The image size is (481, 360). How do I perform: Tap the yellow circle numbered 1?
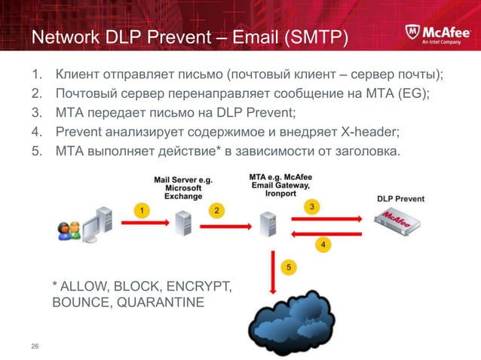[x=139, y=211]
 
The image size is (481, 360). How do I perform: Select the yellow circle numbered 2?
[x=216, y=211]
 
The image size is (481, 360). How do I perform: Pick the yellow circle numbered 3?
[x=311, y=206]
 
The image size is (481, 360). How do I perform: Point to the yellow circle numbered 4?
[x=322, y=246]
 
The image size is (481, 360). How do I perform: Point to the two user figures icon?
[x=67, y=231]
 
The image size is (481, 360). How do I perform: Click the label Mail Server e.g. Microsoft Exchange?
[x=182, y=188]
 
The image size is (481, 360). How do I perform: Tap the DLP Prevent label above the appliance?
[x=400, y=200]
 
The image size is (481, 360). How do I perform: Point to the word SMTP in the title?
[x=318, y=37]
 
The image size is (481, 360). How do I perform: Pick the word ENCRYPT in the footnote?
[x=202, y=287]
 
